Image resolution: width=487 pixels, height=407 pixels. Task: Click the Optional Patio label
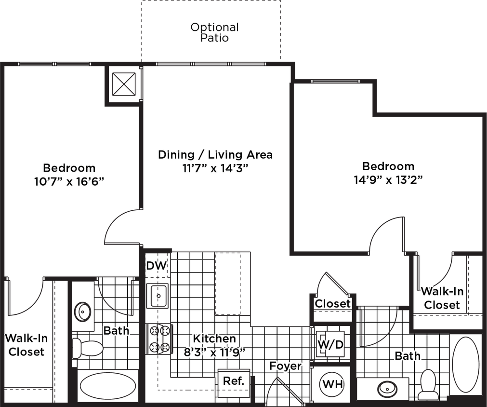tap(214, 33)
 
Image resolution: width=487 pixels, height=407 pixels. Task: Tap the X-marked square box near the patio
tap(123, 84)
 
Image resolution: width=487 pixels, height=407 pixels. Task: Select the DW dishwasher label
tap(157, 265)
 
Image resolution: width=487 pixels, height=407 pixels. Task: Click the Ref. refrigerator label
tap(234, 380)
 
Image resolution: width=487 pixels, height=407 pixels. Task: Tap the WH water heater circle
tap(332, 384)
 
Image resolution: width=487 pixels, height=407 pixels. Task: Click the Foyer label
tap(285, 366)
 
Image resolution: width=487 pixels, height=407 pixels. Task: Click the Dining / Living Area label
tap(215, 155)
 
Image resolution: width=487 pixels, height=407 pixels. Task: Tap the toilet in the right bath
tap(427, 382)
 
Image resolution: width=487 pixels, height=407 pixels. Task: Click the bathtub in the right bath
tap(465, 368)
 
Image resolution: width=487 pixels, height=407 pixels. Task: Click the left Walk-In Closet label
tap(26, 345)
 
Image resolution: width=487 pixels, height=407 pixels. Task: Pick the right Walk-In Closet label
tap(441, 298)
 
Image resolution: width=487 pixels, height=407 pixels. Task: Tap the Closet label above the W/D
tap(332, 304)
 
